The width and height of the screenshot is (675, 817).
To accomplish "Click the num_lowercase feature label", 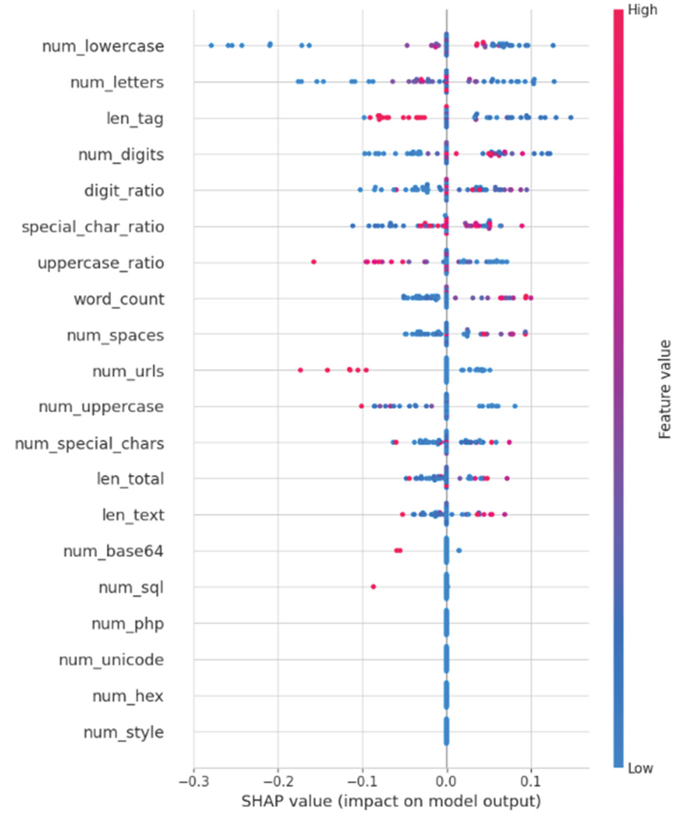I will point(103,46).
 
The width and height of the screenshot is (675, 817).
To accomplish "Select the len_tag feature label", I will point(135,118).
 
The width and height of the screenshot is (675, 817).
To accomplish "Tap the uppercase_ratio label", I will point(101,263).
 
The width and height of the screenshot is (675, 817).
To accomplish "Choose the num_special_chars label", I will point(89,444).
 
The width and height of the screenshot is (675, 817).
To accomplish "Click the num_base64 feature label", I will point(113,551).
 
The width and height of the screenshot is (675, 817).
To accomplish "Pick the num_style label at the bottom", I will point(124,732).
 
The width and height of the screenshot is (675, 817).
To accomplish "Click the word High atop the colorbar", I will point(642,10).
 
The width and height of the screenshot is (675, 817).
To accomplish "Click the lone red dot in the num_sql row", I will point(373,586).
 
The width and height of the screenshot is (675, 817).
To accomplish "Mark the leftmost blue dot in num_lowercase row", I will point(211,46).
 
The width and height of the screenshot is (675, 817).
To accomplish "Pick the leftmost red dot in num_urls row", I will point(300,370).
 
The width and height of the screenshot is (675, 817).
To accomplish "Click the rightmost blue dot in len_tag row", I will point(570,117).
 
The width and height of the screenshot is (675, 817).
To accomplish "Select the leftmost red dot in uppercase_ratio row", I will point(314,262).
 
